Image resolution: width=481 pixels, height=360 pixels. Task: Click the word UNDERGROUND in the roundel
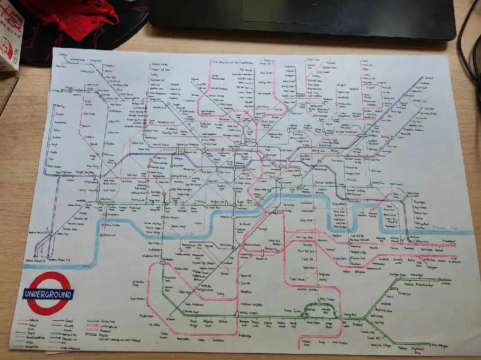[x=48, y=295]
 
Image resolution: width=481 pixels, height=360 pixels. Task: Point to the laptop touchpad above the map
[x=290, y=11]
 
